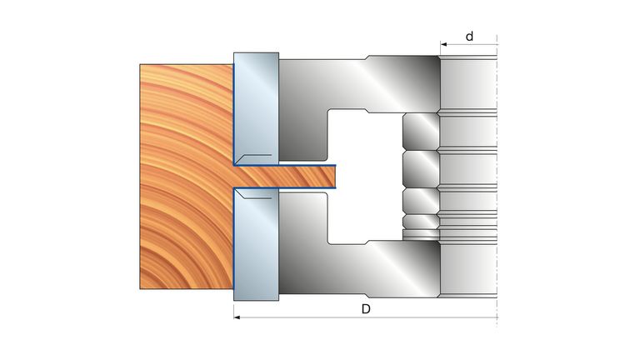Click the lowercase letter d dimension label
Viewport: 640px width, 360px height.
point(469,37)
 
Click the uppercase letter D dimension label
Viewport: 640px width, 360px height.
point(366,309)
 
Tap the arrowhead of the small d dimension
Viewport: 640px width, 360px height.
point(443,44)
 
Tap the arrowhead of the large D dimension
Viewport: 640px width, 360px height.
point(237,317)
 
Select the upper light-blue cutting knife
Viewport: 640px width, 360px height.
point(257,108)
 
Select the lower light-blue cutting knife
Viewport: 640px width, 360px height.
point(257,244)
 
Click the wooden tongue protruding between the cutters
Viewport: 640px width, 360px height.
point(285,177)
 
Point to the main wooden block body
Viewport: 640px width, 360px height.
point(187,177)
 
